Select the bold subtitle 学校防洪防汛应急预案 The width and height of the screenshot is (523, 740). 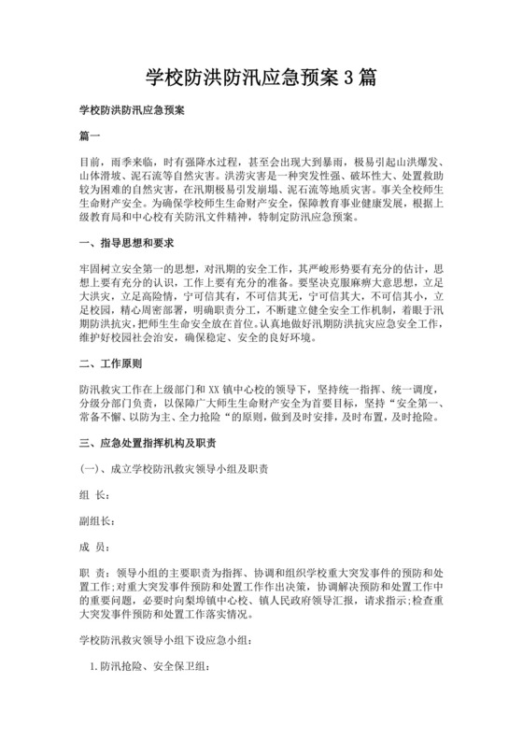[131, 110]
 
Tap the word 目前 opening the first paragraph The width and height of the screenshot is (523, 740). [89, 163]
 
